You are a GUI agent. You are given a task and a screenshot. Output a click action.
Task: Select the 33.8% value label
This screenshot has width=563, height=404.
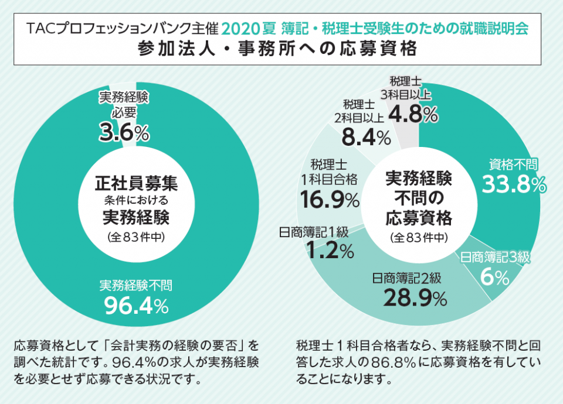(x=514, y=184)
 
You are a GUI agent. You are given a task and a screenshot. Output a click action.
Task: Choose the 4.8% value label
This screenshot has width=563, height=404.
(x=413, y=115)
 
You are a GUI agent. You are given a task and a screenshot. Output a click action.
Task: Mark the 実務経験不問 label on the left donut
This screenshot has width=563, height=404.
(x=136, y=285)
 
